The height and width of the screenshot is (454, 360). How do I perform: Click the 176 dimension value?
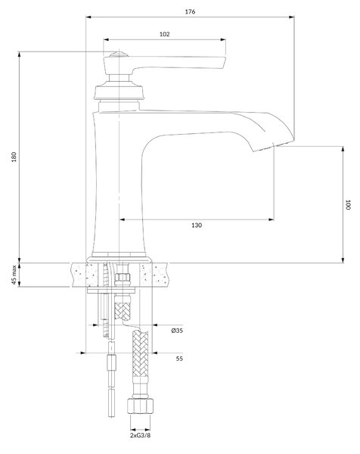click(x=190, y=11)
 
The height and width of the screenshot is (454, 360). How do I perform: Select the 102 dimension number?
click(x=164, y=34)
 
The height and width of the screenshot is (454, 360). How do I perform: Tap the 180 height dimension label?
click(x=14, y=157)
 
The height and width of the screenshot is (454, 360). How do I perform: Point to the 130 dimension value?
click(x=197, y=225)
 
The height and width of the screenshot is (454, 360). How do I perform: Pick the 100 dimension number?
click(x=348, y=205)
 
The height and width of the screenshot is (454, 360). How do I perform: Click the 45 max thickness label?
click(x=14, y=275)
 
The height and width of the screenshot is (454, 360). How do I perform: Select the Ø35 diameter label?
click(x=177, y=331)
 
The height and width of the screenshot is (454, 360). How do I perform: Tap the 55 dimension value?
click(x=179, y=359)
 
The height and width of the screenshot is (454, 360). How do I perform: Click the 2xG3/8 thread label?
click(x=141, y=436)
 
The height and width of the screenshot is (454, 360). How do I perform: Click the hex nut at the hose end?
click(x=141, y=406)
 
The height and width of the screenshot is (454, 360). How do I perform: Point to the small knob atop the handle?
click(x=119, y=54)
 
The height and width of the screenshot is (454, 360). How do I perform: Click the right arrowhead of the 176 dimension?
click(x=292, y=17)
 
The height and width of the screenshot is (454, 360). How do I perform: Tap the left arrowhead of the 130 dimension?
click(x=122, y=219)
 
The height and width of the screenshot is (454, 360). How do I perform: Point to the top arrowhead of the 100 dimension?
click(x=343, y=149)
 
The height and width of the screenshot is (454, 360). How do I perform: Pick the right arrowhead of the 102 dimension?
click(x=223, y=39)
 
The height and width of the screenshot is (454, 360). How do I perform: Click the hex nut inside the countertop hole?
click(x=123, y=278)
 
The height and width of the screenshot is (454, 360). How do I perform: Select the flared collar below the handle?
click(x=119, y=92)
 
